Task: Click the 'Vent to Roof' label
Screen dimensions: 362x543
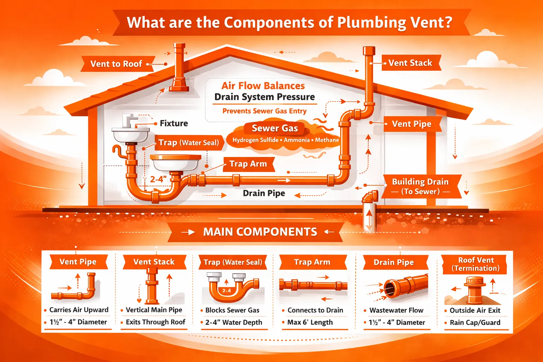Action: tap(116, 64)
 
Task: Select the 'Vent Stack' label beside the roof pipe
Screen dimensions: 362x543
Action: tap(410, 63)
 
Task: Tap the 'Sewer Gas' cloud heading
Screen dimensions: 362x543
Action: tap(275, 128)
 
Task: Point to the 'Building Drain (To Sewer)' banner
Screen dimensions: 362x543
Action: tap(420, 186)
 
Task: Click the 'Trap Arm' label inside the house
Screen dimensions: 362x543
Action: tap(248, 164)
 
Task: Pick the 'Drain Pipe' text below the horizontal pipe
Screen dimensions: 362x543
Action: tap(264, 193)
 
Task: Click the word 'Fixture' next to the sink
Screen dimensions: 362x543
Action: tap(174, 123)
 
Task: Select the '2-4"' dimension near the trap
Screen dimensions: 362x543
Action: tap(158, 179)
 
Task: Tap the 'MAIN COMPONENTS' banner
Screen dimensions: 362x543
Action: tap(260, 232)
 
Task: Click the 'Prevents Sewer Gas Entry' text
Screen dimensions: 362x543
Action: tap(264, 111)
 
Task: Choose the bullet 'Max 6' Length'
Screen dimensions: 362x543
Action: tap(310, 322)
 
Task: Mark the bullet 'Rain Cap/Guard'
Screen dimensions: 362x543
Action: tap(475, 322)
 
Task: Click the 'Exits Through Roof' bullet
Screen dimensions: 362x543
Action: tap(155, 322)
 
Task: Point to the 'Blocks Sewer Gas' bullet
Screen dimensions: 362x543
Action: tap(232, 310)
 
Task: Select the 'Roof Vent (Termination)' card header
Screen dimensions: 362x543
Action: tap(476, 264)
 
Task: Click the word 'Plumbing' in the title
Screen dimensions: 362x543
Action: tap(372, 23)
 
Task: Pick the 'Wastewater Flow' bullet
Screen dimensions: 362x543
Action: tap(396, 310)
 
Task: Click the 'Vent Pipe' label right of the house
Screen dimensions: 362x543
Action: tap(411, 124)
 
